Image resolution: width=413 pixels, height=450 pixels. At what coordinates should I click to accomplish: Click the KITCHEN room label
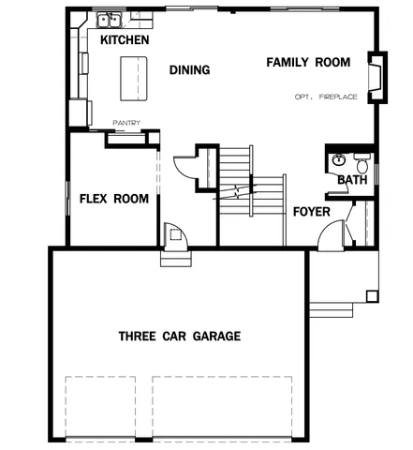coord(125,41)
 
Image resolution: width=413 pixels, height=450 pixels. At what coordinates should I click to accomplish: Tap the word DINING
coord(189,70)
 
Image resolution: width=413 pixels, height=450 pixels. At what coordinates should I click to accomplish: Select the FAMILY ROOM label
coord(308,63)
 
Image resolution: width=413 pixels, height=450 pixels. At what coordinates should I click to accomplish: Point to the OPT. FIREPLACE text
coord(325,97)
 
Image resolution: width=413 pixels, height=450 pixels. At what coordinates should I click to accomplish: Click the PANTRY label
coord(126,122)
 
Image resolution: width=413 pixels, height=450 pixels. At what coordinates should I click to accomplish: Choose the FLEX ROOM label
coord(114,199)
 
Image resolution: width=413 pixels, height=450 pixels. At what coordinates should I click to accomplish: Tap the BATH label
coord(352,180)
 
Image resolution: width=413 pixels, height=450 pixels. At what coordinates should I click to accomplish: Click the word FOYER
coord(311,212)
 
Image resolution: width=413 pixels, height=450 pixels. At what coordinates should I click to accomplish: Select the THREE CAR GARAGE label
coord(179,336)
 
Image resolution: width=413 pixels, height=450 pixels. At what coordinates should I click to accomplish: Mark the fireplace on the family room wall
coord(376,76)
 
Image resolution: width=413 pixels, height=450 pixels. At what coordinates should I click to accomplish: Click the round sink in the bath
coord(338,160)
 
